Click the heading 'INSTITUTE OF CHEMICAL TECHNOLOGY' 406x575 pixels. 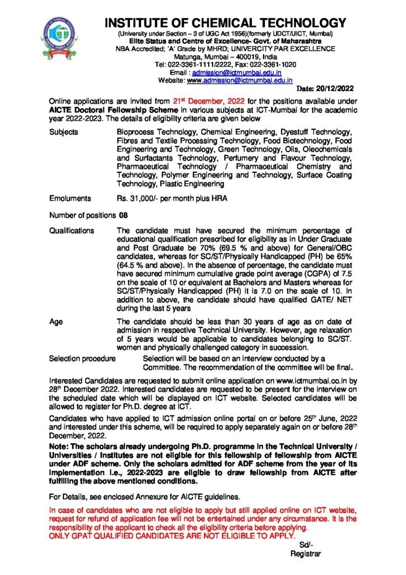click(225, 24)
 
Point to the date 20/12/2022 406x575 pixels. click(325, 89)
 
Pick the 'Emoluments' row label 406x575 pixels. click(70, 198)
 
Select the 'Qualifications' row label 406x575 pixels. click(72, 231)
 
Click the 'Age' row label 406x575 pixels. click(56, 321)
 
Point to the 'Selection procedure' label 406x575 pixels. click(82, 358)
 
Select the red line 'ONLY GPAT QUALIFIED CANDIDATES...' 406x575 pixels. click(171, 536)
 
